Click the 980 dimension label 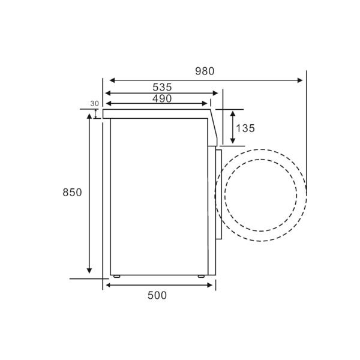(x=205, y=71)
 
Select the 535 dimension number (x=162, y=87)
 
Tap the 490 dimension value (x=162, y=99)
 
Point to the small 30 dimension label (x=94, y=104)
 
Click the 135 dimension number (x=245, y=128)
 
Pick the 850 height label (x=72, y=193)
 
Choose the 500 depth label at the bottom (x=157, y=295)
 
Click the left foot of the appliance (x=116, y=276)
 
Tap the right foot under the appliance (x=201, y=276)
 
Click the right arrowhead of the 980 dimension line (x=300, y=80)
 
